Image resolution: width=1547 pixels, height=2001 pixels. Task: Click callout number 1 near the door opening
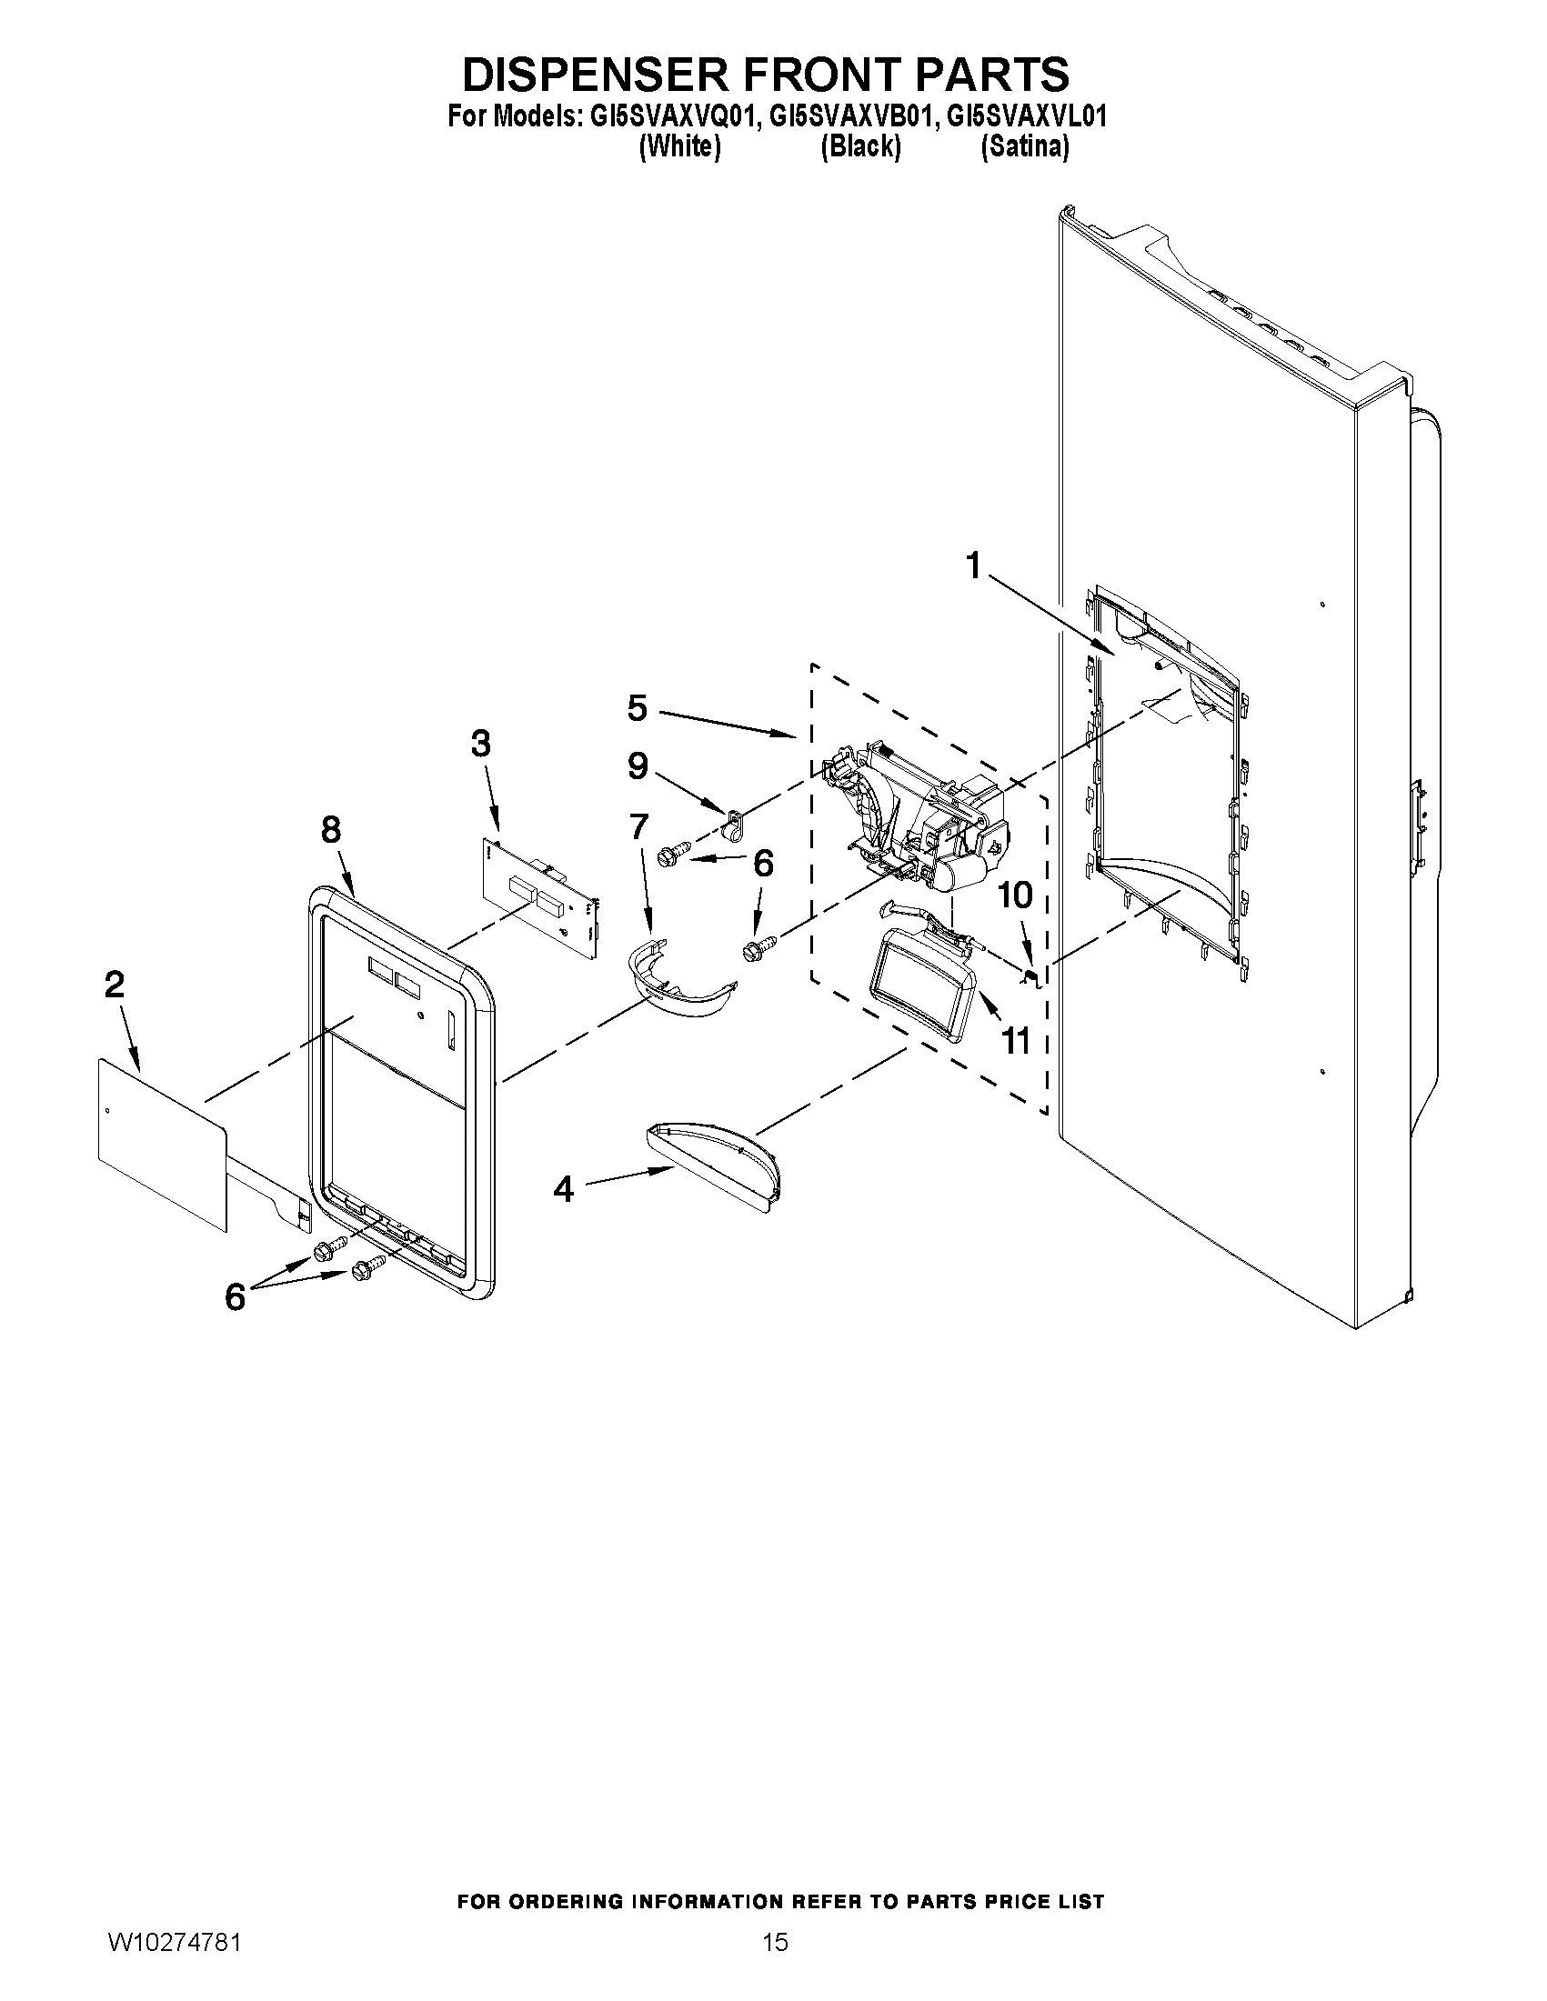(973, 566)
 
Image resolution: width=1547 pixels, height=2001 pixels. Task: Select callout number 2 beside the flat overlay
(115, 985)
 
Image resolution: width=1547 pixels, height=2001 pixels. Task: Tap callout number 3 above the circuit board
(480, 744)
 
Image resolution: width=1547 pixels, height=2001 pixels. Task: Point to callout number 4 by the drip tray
(563, 1190)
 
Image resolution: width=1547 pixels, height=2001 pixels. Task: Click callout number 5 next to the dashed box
(637, 708)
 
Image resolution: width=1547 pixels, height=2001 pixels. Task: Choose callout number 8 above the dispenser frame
(331, 830)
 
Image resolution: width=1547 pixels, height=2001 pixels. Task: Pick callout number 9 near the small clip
(638, 766)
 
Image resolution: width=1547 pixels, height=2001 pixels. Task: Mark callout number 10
(1015, 895)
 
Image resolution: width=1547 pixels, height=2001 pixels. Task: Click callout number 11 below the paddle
(1016, 1041)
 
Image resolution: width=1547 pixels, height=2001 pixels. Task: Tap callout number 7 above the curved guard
(638, 826)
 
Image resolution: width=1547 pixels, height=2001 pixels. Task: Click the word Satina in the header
(1024, 146)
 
